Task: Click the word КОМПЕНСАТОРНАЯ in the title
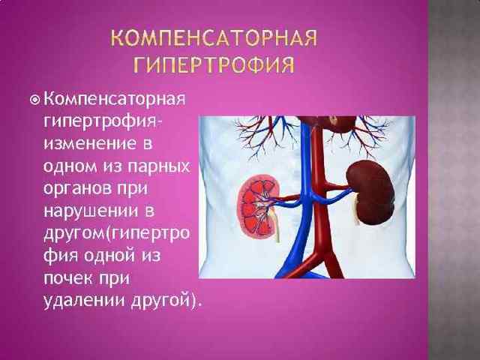tap(214, 38)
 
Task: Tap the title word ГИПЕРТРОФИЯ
tap(214, 64)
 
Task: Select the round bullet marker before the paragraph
tap(35, 100)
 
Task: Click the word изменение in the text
tap(90, 143)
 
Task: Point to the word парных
tap(159, 167)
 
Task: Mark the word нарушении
tap(91, 211)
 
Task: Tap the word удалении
tap(84, 301)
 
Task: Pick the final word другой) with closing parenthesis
tap(166, 301)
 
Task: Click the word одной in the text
tap(109, 255)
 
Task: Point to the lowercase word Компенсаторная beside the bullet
tap(115, 99)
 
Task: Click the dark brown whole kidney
tap(370, 192)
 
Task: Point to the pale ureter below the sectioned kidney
tap(275, 226)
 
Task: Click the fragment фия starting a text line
tap(61, 256)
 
